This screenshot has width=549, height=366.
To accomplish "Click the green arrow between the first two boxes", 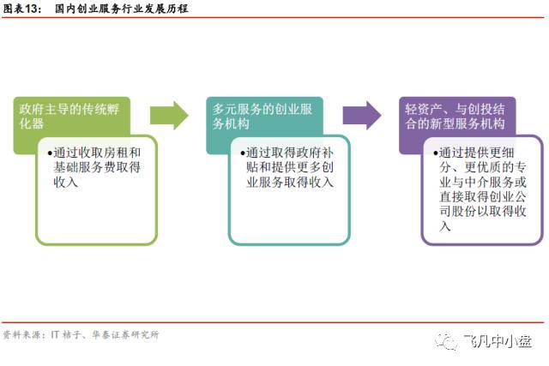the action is point(169,114).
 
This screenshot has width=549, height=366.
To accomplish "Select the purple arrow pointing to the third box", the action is point(361,114).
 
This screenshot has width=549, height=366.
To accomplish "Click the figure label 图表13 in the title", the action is point(22,9).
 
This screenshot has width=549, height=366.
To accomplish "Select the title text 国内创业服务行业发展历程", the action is point(121,9).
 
